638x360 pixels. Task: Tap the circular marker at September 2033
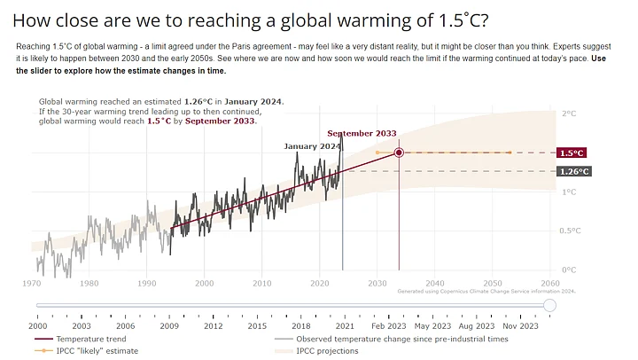click(399, 153)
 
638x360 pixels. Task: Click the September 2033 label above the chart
click(362, 133)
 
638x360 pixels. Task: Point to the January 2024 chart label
click(312, 145)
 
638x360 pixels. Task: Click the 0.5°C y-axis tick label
click(572, 231)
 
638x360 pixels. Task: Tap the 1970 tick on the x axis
click(31, 284)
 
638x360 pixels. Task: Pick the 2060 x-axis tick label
click(549, 284)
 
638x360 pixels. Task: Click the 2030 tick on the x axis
click(377, 284)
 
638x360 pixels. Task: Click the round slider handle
click(549, 306)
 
